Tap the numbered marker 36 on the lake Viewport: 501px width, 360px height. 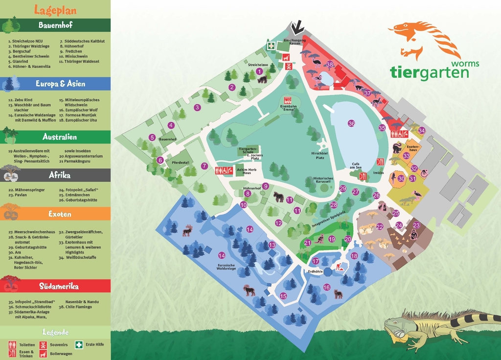(351, 123)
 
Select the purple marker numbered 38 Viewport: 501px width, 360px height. (330, 64)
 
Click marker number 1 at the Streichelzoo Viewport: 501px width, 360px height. (259, 71)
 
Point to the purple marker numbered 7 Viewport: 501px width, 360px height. (205, 166)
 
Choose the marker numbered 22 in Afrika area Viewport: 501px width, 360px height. (380, 226)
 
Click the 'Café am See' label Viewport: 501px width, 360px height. (356, 166)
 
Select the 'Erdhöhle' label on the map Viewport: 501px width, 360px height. (315, 271)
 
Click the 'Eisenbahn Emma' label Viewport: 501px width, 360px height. (288, 108)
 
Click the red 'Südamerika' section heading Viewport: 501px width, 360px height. (55, 286)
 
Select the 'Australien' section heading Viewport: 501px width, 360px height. (55, 136)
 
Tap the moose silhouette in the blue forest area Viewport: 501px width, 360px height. (187, 230)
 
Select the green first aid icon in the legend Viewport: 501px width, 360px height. (79, 344)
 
